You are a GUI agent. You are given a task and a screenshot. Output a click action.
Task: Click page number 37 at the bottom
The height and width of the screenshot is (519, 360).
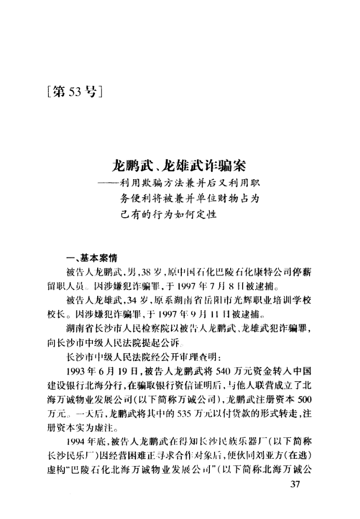[295, 486]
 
